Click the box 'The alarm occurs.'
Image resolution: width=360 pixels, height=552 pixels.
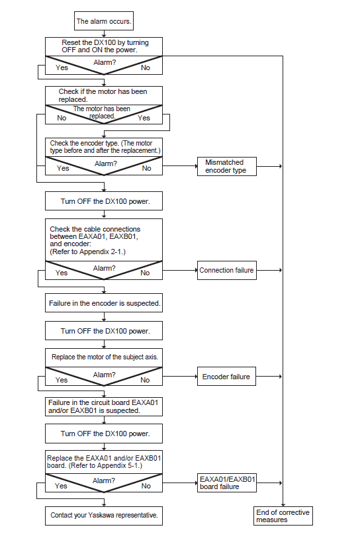pyautogui.click(x=104, y=21)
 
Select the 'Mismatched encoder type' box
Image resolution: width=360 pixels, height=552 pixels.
pyautogui.click(x=226, y=166)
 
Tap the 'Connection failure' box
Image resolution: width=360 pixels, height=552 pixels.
pyautogui.click(x=226, y=270)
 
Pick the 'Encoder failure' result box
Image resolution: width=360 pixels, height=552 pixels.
pyautogui.click(x=226, y=377)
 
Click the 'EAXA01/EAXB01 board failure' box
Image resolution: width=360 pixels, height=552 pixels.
pyautogui.click(x=226, y=483)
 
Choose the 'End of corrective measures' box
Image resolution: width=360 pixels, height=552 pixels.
pyautogui.click(x=283, y=516)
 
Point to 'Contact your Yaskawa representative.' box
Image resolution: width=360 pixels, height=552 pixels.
pyautogui.click(x=104, y=516)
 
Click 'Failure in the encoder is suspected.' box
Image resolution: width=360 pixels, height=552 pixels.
pyautogui.click(x=104, y=302)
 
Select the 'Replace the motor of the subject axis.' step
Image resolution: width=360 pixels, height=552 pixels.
pyautogui.click(x=104, y=357)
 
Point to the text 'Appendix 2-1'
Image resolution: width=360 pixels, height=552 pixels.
pyautogui.click(x=101, y=252)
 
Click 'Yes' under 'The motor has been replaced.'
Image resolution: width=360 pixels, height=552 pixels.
pyautogui.click(x=144, y=118)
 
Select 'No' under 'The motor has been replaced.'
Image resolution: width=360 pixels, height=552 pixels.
pyautogui.click(x=62, y=118)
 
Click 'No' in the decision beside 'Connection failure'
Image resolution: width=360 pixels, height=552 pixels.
pyautogui.click(x=145, y=273)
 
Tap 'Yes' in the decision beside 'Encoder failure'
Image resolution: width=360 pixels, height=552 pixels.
pyautogui.click(x=62, y=380)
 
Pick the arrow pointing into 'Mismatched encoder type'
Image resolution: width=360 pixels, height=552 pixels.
pyautogui.click(x=180, y=166)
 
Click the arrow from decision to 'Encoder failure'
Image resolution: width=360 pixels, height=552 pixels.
pyautogui.click(x=180, y=377)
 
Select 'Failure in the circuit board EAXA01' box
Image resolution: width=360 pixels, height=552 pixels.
pyautogui.click(x=104, y=406)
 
